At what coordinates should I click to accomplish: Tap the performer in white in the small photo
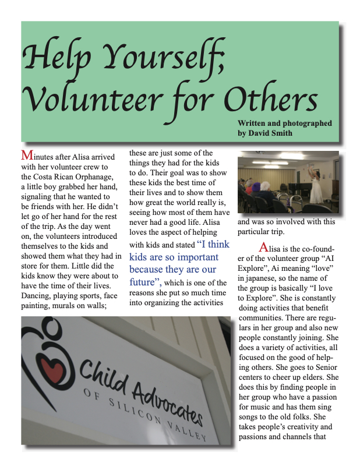pyautogui.click(x=319, y=186)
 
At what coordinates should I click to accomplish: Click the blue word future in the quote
pyautogui.click(x=143, y=283)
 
